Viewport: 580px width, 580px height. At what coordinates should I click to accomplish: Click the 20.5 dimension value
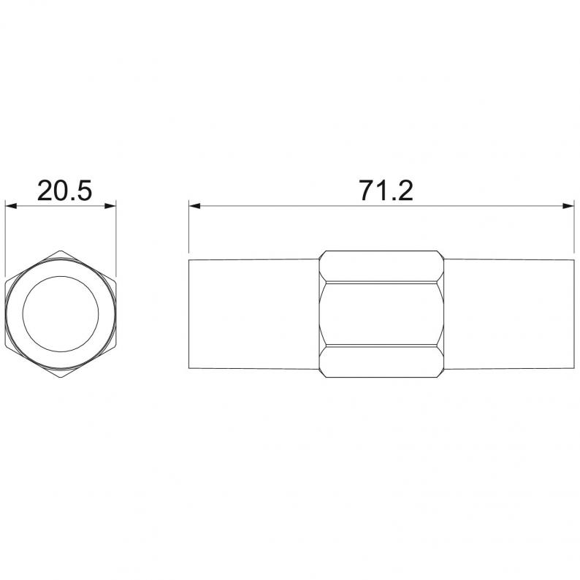(x=64, y=191)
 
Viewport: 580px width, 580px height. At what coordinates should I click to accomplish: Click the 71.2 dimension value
(x=386, y=191)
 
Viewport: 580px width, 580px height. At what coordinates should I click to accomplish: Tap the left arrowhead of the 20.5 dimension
(x=11, y=206)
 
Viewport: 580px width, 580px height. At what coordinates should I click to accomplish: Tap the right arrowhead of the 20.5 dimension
(x=110, y=206)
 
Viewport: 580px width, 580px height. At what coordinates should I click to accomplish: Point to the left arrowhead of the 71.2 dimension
(x=194, y=206)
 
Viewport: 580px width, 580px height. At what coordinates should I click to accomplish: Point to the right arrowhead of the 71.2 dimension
(x=568, y=206)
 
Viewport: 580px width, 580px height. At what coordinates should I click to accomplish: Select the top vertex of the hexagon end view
(x=61, y=251)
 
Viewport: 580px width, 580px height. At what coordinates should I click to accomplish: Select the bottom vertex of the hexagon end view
(x=61, y=378)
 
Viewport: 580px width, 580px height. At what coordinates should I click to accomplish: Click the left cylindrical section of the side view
(x=253, y=314)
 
